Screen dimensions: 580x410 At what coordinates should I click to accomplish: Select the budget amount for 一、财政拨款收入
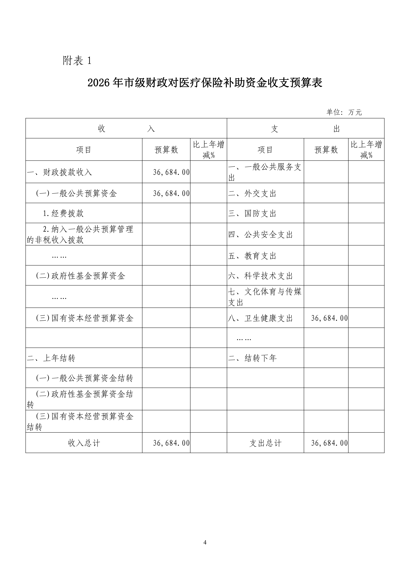click(171, 172)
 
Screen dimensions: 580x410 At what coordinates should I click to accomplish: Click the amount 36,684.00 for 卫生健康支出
click(329, 318)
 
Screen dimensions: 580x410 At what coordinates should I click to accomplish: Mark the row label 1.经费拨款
click(63, 213)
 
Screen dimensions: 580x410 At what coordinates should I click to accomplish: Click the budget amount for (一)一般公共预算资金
click(171, 194)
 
